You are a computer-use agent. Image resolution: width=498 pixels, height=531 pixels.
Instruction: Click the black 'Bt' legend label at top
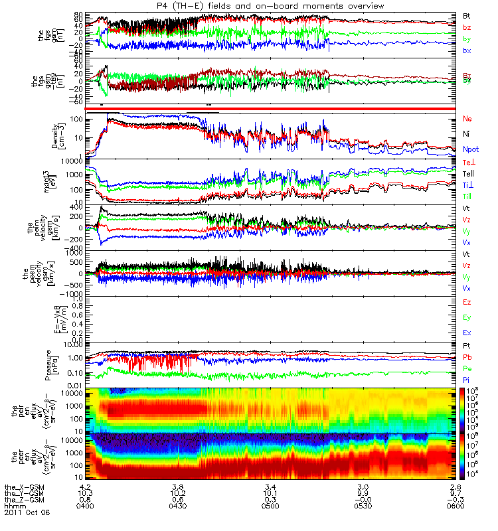pos(467,15)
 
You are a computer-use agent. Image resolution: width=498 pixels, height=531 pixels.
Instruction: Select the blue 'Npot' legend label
pos(470,151)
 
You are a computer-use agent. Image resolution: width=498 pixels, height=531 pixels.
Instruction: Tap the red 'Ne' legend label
pos(467,118)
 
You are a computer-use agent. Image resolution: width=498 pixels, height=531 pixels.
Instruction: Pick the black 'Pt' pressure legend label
pos(467,346)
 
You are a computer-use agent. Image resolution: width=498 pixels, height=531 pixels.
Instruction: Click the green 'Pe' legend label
pos(467,368)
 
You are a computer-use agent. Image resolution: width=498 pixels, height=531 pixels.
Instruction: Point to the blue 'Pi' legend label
pos(467,380)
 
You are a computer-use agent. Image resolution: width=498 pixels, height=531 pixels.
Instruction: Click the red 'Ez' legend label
pos(467,302)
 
